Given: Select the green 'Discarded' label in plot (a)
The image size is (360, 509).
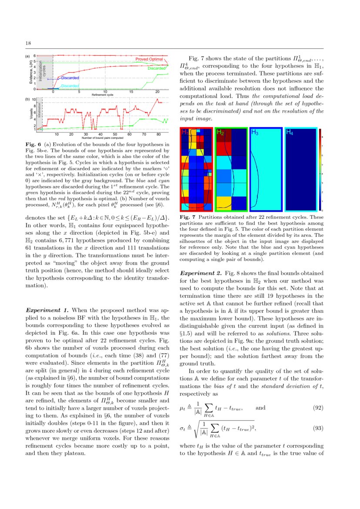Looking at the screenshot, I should coord(156,68).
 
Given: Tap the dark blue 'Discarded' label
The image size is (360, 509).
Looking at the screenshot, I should coord(69,78).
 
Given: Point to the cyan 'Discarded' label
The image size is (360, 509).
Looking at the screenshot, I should coord(70,86).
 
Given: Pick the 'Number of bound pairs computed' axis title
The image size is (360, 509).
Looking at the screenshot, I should coord(102,138).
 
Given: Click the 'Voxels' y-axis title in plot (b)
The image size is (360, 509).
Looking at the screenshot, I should coord(30,115).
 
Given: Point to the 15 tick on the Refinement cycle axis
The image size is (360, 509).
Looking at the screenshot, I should coord(131,92).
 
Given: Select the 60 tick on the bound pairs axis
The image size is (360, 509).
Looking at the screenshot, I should coord(129,135).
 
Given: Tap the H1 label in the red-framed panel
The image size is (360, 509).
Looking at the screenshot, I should coord(185,132).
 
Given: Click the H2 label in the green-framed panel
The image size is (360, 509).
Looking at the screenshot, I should coord(220,132).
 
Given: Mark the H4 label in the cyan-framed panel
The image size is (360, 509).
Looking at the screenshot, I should coord(289,132).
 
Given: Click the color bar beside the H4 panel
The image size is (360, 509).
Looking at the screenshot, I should coord(320,170).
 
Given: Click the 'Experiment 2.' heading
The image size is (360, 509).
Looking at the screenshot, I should coord(200,273).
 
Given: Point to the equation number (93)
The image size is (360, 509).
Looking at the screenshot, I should coord(318,428).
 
